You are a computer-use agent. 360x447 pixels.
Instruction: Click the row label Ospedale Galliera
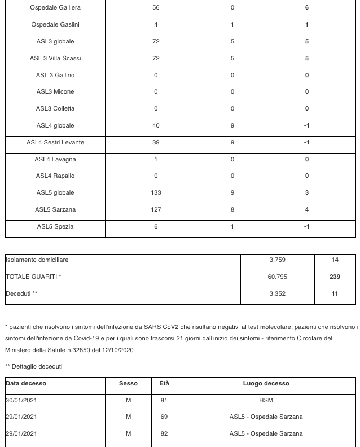click(x=55, y=8)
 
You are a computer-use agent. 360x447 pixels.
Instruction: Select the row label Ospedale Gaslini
click(x=55, y=25)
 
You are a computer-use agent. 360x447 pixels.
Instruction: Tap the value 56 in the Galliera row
click(x=156, y=8)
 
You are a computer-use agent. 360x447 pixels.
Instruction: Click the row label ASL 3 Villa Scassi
click(x=55, y=59)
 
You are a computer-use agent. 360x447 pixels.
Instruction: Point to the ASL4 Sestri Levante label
click(x=55, y=143)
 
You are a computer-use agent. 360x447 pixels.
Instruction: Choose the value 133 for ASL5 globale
click(x=156, y=193)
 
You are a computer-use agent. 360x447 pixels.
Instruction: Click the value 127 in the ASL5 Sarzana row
click(x=156, y=210)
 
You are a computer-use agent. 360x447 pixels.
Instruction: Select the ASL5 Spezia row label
click(x=55, y=227)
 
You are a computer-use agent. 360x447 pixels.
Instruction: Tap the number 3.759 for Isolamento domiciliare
click(x=277, y=260)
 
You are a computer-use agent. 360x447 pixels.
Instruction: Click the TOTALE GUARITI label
click(x=33, y=277)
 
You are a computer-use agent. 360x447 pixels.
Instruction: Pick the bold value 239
click(x=335, y=277)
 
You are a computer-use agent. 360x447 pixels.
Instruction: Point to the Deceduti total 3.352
click(x=277, y=294)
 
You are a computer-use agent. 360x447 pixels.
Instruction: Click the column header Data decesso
click(x=26, y=384)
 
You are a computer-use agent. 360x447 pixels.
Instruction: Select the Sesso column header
click(x=128, y=384)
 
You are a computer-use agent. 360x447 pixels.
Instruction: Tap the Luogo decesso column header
click(x=266, y=384)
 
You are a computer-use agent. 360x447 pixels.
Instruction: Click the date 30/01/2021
click(x=21, y=401)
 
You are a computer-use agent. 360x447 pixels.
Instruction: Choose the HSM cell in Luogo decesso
click(x=266, y=401)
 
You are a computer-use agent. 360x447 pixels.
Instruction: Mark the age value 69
click(x=164, y=417)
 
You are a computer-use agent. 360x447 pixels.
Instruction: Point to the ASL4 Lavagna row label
click(x=55, y=160)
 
